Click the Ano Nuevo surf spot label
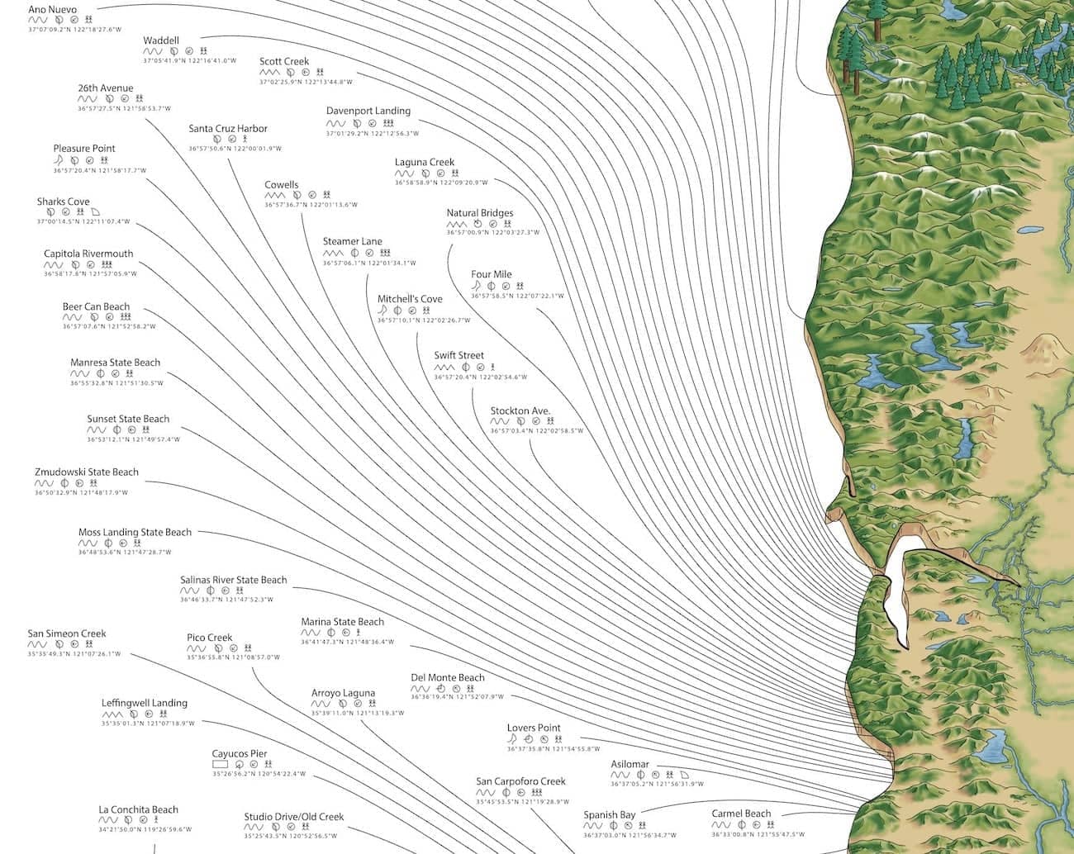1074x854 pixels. pos(52,10)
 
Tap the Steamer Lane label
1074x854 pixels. pos(352,242)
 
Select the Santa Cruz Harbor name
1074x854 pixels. pos(228,129)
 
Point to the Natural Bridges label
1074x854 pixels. pos(479,213)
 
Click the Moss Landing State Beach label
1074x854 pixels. pos(135,533)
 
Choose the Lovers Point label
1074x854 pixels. pos(534,728)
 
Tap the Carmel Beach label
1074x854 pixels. pos(741,814)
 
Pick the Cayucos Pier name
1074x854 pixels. pos(240,754)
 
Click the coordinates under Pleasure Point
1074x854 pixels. pos(99,171)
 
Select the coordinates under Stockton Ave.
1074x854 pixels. pos(536,431)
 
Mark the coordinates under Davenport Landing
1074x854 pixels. pos(372,134)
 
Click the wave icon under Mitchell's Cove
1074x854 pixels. pos(383,311)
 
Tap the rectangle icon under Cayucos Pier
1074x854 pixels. pos(220,765)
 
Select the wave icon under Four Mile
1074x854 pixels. pos(476,286)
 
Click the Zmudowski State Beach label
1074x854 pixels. pos(87,472)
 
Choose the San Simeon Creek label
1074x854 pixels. pos(67,634)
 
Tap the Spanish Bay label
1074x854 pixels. pos(610,815)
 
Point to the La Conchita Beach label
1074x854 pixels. pos(138,810)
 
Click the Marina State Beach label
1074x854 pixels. pos(342,622)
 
